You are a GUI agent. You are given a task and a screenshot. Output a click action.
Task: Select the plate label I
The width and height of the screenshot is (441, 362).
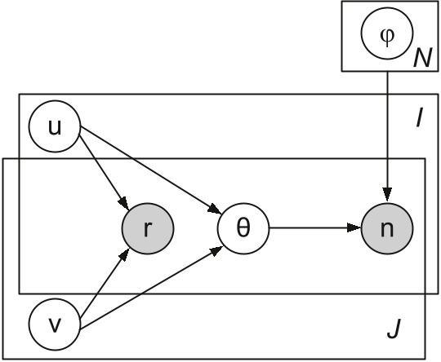(x=418, y=120)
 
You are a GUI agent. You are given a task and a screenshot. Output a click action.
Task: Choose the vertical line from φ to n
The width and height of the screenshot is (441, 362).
(x=387, y=130)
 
